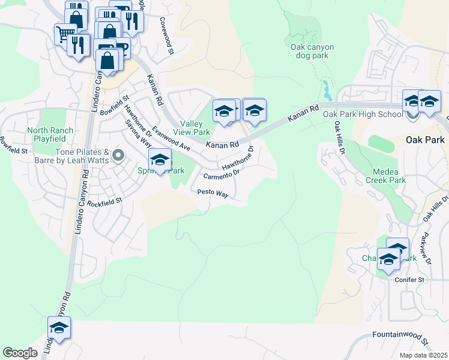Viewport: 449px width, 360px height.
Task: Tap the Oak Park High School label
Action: (x=363, y=114)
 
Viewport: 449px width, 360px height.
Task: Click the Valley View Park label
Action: (x=191, y=127)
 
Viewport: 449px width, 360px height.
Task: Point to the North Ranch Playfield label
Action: (x=50, y=134)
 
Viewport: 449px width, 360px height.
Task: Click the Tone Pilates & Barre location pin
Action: (x=118, y=157)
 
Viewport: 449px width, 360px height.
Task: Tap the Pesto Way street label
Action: (x=213, y=193)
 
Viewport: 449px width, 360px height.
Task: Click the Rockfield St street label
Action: (x=104, y=203)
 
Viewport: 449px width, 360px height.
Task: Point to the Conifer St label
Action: (x=409, y=280)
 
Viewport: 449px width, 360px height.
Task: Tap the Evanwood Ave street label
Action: (x=171, y=139)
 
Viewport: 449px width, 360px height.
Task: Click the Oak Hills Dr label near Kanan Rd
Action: (x=340, y=137)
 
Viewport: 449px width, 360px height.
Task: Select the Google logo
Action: (x=20, y=353)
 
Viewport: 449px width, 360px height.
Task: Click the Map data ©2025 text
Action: (x=423, y=355)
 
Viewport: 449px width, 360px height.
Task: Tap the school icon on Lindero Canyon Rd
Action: (x=59, y=328)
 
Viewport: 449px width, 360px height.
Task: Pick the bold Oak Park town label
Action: (x=425, y=140)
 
